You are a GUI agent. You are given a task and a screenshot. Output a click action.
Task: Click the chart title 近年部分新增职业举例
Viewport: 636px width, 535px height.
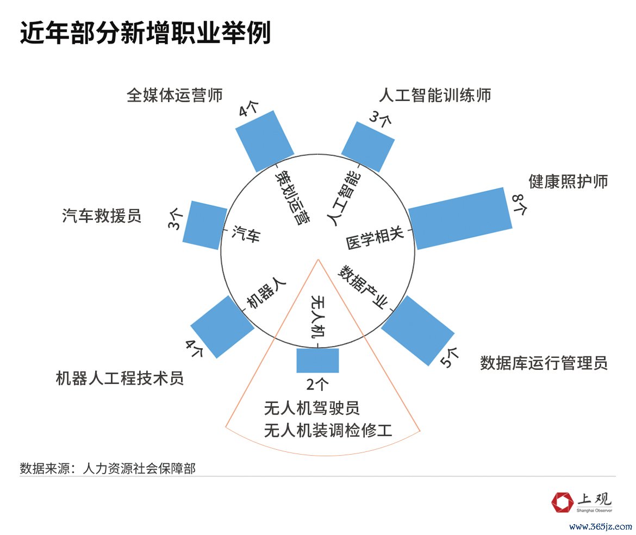(145, 33)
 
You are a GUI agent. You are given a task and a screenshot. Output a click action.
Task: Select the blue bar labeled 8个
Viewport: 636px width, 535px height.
(460, 218)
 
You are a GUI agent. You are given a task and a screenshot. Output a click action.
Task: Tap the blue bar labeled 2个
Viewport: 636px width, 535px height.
(317, 360)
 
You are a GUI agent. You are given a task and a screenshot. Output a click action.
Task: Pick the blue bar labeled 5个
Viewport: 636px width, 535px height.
(418, 330)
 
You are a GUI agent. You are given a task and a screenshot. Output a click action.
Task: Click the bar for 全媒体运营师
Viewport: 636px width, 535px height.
(265, 141)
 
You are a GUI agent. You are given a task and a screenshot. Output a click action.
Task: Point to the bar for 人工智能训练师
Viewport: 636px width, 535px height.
(368, 147)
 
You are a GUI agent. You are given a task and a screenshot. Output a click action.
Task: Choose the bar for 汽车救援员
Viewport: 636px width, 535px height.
(205, 225)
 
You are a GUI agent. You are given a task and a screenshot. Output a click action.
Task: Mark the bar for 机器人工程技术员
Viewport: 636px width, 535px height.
(222, 326)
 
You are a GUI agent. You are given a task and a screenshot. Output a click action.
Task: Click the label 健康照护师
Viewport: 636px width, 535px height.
(568, 181)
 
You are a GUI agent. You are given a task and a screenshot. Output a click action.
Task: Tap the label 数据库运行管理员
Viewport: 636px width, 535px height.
(544, 363)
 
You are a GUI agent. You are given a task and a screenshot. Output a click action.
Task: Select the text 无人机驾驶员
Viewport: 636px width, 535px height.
(312, 408)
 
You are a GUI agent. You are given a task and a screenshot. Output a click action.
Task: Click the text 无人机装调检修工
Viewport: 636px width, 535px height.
(328, 430)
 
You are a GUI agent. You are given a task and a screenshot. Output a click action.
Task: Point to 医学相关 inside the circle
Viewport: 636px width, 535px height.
(375, 237)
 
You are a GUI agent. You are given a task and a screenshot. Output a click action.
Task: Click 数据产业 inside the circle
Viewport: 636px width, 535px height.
(363, 287)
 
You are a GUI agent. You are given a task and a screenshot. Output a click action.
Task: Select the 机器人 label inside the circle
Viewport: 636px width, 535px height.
(266, 293)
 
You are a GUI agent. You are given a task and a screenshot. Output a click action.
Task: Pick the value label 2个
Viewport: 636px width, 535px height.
(317, 384)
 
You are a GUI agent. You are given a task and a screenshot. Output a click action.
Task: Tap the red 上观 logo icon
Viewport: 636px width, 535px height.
(562, 502)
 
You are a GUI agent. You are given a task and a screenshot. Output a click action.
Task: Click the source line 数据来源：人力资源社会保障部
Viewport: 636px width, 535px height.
(108, 469)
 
